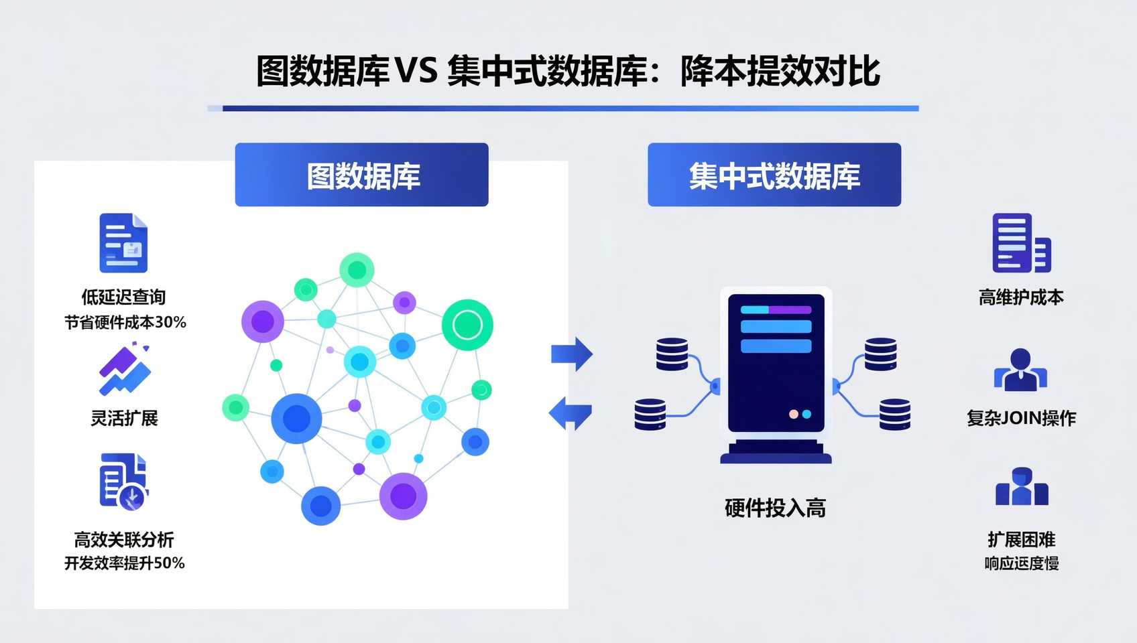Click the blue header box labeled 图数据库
click(x=361, y=175)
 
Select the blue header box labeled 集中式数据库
click(x=774, y=175)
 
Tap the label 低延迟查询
click(x=123, y=297)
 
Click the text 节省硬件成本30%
click(x=125, y=322)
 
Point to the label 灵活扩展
click(x=124, y=419)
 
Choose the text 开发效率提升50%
click(x=124, y=563)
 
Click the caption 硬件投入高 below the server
click(x=775, y=508)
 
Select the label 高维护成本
click(x=1020, y=297)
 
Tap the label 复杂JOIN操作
click(x=1020, y=419)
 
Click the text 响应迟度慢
click(x=1021, y=563)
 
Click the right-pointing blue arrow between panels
click(x=572, y=354)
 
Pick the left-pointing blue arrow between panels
click(x=571, y=413)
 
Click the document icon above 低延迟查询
click(x=123, y=243)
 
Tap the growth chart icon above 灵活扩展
click(x=125, y=370)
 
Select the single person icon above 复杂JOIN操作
click(x=1020, y=370)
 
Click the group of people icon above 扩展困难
click(x=1021, y=487)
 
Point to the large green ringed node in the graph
click(x=467, y=325)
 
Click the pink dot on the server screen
click(x=794, y=414)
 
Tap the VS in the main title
click(x=416, y=70)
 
